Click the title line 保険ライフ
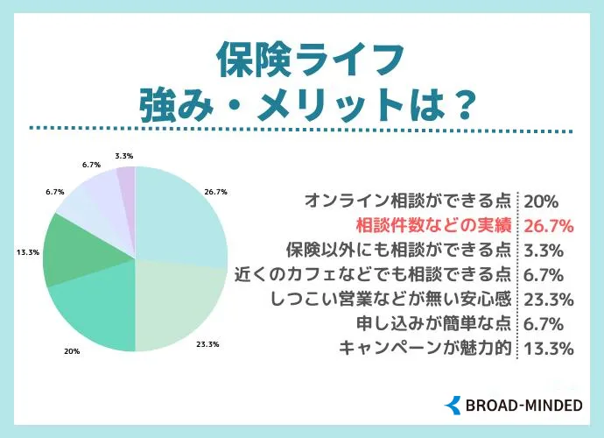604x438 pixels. (x=301, y=62)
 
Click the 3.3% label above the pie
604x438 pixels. (x=123, y=155)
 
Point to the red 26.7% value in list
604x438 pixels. (x=548, y=226)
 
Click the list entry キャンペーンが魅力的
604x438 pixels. (x=425, y=348)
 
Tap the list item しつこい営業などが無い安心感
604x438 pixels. (x=383, y=299)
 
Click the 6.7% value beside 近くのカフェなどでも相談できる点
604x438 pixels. (x=544, y=275)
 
